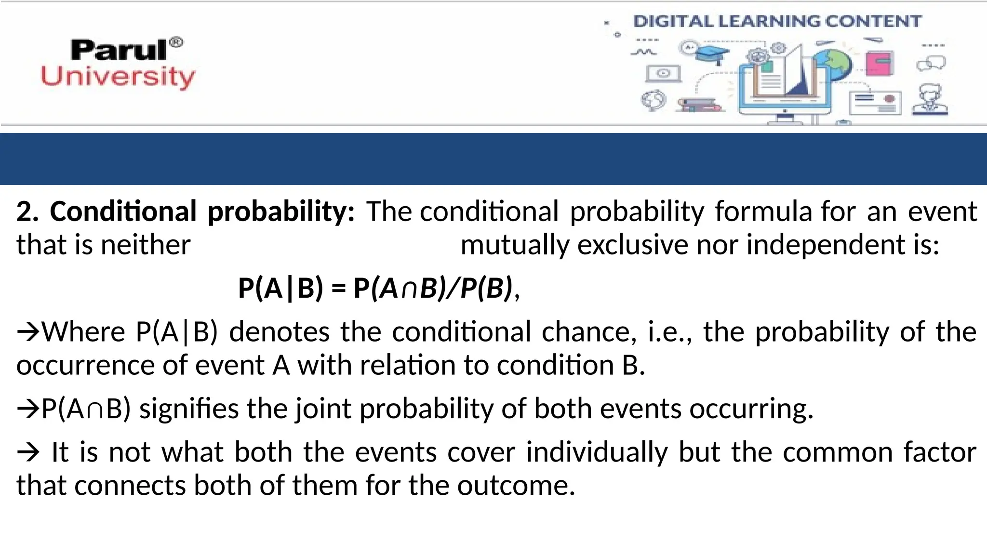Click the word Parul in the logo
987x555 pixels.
click(x=119, y=50)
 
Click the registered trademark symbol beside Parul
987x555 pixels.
click(x=177, y=42)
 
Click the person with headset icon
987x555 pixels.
click(x=930, y=100)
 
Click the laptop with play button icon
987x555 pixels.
click(x=664, y=74)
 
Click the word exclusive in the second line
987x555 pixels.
click(x=633, y=245)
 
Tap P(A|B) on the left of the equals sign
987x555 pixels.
click(x=280, y=289)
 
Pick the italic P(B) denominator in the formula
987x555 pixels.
click(x=486, y=289)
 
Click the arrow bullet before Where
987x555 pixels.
click(x=28, y=332)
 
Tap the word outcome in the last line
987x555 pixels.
click(x=516, y=486)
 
